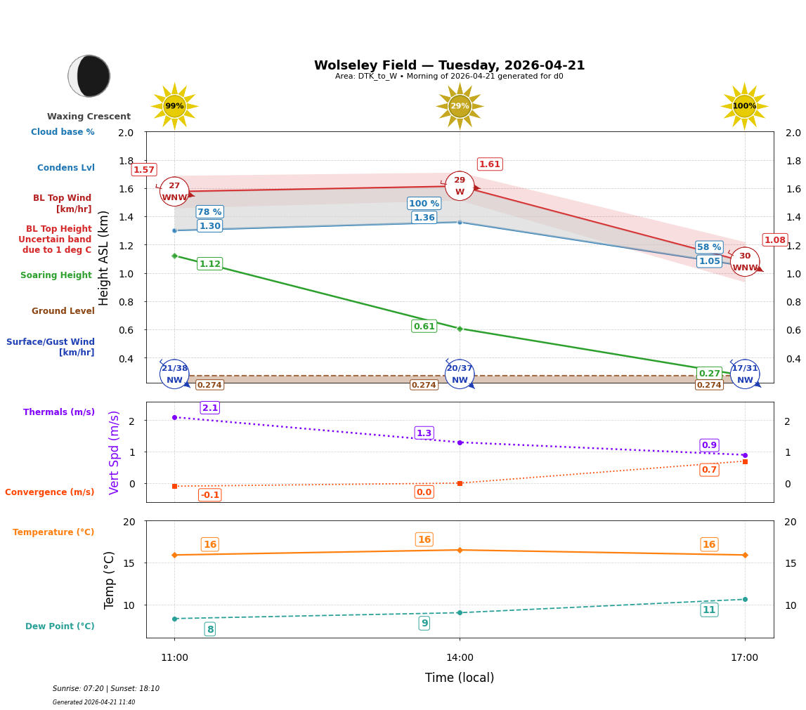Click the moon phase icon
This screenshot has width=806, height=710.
[89, 76]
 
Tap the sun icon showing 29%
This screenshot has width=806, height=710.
[460, 106]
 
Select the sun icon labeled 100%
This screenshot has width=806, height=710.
[744, 106]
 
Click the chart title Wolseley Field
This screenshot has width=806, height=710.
[449, 65]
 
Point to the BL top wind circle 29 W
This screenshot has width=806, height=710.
[460, 186]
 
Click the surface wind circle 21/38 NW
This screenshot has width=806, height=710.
[174, 374]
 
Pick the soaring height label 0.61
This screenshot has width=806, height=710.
[424, 327]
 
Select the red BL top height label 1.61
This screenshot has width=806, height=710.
[489, 164]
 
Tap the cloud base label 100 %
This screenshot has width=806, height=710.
[424, 204]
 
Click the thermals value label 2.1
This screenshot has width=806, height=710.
[210, 408]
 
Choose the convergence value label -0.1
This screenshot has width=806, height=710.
[209, 495]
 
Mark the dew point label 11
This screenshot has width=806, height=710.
[709, 610]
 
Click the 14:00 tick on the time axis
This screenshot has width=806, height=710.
[460, 658]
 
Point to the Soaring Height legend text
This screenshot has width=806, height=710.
[56, 275]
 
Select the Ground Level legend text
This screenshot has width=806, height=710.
[63, 311]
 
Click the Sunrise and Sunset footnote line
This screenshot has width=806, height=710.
[106, 689]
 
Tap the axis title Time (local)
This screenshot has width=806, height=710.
[460, 678]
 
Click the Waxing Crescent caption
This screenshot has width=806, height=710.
[89, 117]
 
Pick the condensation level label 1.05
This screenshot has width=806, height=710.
[709, 261]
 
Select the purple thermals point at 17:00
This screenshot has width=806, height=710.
[745, 455]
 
